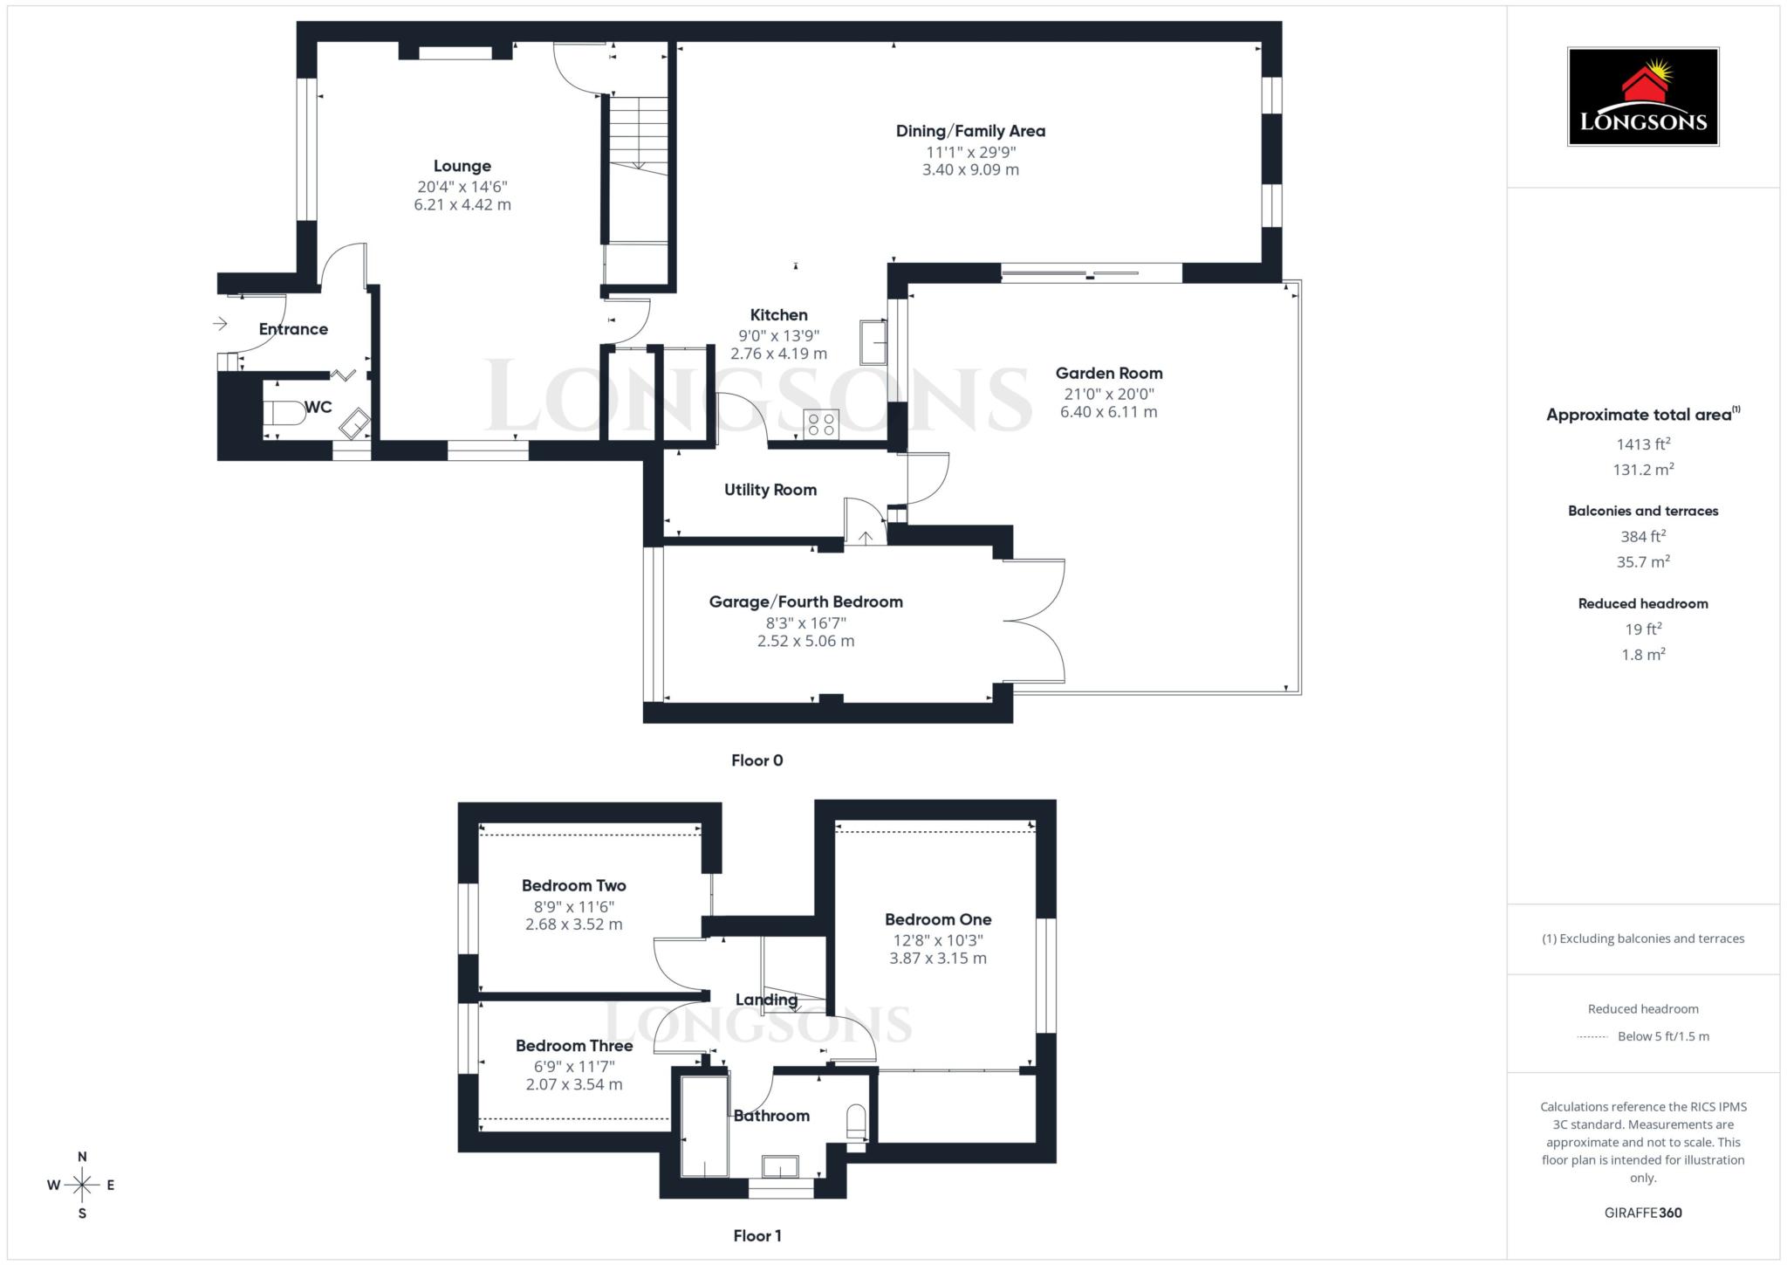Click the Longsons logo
click(x=1642, y=96)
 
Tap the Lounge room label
click(x=462, y=166)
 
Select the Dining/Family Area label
click(x=970, y=131)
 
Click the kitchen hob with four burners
click(x=821, y=424)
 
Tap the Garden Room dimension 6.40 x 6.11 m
click(x=1108, y=412)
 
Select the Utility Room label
click(x=770, y=490)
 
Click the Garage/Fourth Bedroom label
click(x=805, y=602)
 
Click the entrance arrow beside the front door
click(x=220, y=324)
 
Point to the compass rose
click(x=82, y=1185)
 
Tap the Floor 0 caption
click(x=757, y=760)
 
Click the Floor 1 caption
click(x=757, y=1235)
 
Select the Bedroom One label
click(x=937, y=919)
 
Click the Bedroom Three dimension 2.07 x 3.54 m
click(x=573, y=1084)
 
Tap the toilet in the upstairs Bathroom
click(x=856, y=1123)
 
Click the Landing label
click(x=766, y=1000)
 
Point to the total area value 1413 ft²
click(x=1642, y=444)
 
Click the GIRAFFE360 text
click(x=1642, y=1213)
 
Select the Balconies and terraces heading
click(x=1642, y=511)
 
